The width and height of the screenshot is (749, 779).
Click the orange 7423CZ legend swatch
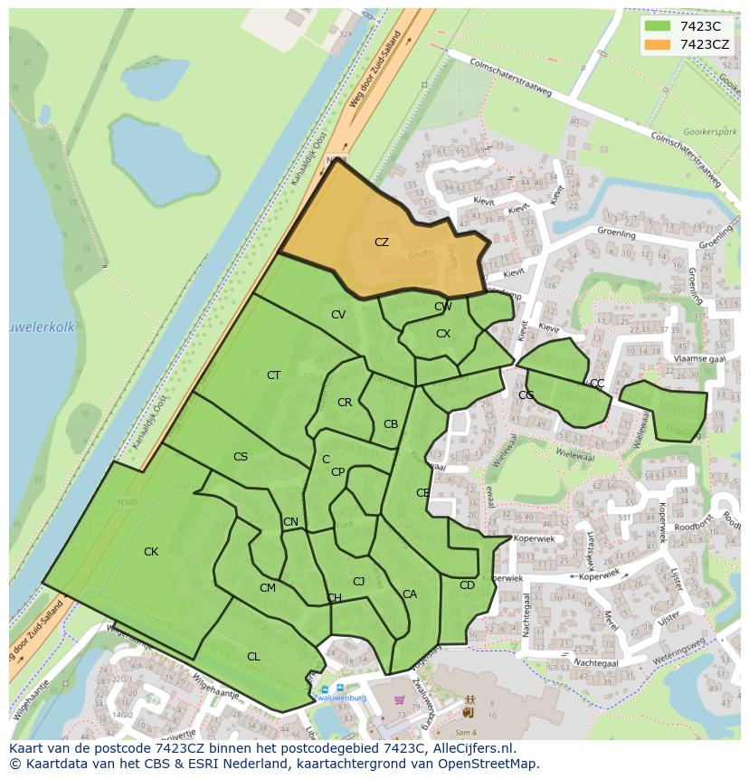[x=658, y=43]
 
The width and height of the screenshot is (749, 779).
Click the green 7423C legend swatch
[x=658, y=26]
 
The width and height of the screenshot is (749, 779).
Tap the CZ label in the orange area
[x=382, y=242]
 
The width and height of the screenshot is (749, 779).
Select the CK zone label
[x=151, y=552]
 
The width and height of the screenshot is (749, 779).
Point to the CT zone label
[x=273, y=375]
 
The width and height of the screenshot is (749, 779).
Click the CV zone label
[x=338, y=315]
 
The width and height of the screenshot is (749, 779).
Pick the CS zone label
[x=241, y=457]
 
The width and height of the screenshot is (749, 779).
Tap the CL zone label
[x=253, y=657]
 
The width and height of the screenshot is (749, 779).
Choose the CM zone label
[x=268, y=588]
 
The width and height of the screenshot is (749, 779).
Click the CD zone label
[x=467, y=585]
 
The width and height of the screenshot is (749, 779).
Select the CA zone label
[x=410, y=594]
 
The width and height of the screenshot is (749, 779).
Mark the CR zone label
[x=345, y=403]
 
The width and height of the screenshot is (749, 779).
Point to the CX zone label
[x=443, y=334]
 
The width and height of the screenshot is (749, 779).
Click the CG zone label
[x=526, y=395]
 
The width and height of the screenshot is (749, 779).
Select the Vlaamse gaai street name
[x=701, y=358]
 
